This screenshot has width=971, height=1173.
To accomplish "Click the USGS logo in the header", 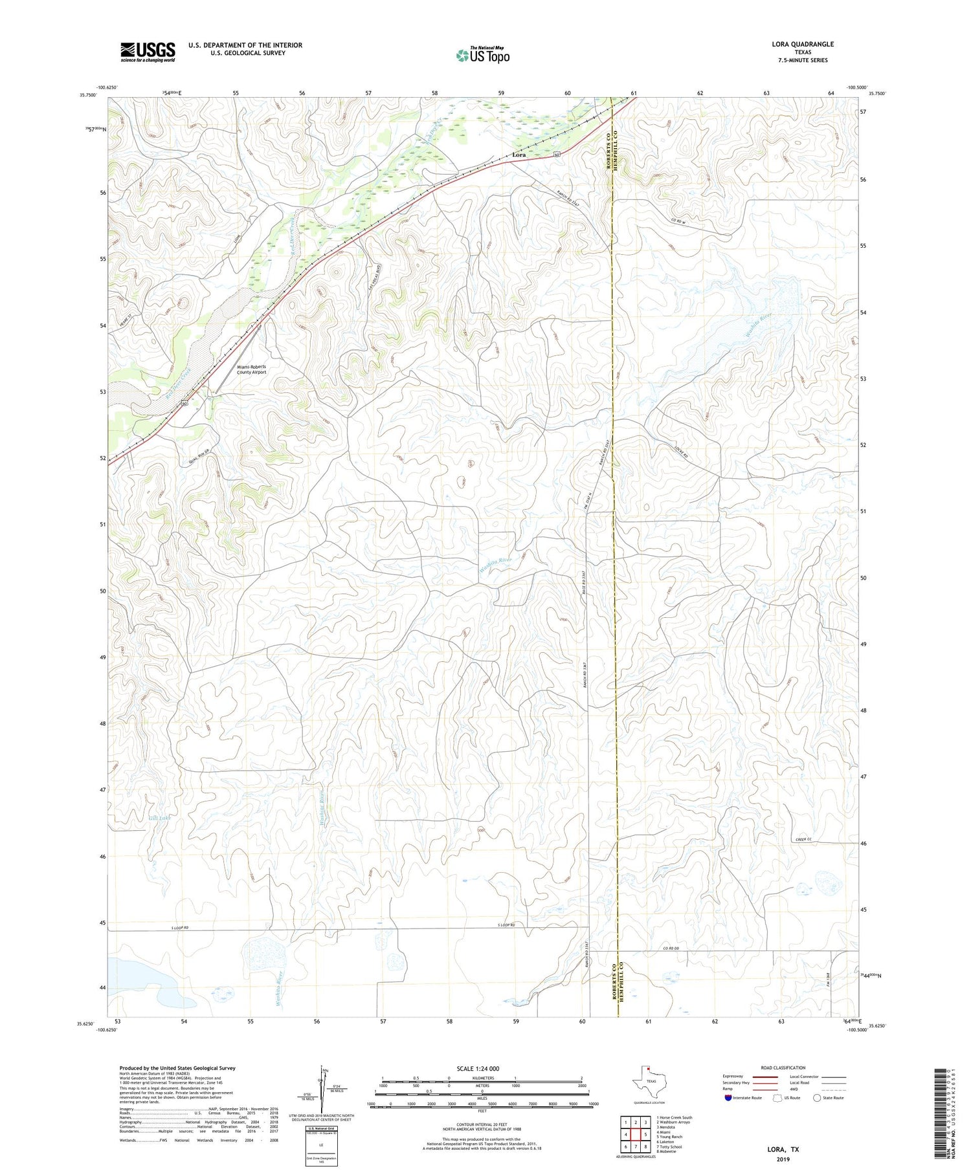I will [148, 52].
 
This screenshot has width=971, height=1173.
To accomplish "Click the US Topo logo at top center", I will [482, 55].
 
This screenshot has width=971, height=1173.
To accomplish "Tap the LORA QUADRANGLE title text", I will [802, 44].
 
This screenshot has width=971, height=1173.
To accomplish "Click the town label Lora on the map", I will [519, 155].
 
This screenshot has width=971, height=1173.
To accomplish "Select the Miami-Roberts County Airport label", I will [251, 369].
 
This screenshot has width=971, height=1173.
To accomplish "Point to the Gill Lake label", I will [159, 818].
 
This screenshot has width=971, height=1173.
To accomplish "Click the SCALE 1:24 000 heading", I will [477, 1069].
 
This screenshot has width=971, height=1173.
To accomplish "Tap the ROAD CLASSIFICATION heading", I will [783, 1068].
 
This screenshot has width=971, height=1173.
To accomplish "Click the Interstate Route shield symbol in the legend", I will [728, 1098].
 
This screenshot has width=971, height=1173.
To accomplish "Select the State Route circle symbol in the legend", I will [817, 1098].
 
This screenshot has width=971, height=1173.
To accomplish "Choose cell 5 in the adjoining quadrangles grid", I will [645, 1134].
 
